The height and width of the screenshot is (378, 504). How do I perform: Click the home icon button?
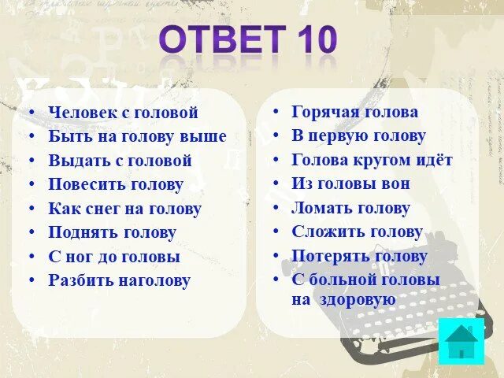[x=461, y=340]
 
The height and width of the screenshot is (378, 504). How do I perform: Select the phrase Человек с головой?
[x=123, y=113]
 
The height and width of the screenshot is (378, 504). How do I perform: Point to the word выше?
[x=205, y=136]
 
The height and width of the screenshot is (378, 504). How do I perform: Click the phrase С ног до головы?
[x=114, y=257]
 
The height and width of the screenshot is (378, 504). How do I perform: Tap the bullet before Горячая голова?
[x=276, y=113]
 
